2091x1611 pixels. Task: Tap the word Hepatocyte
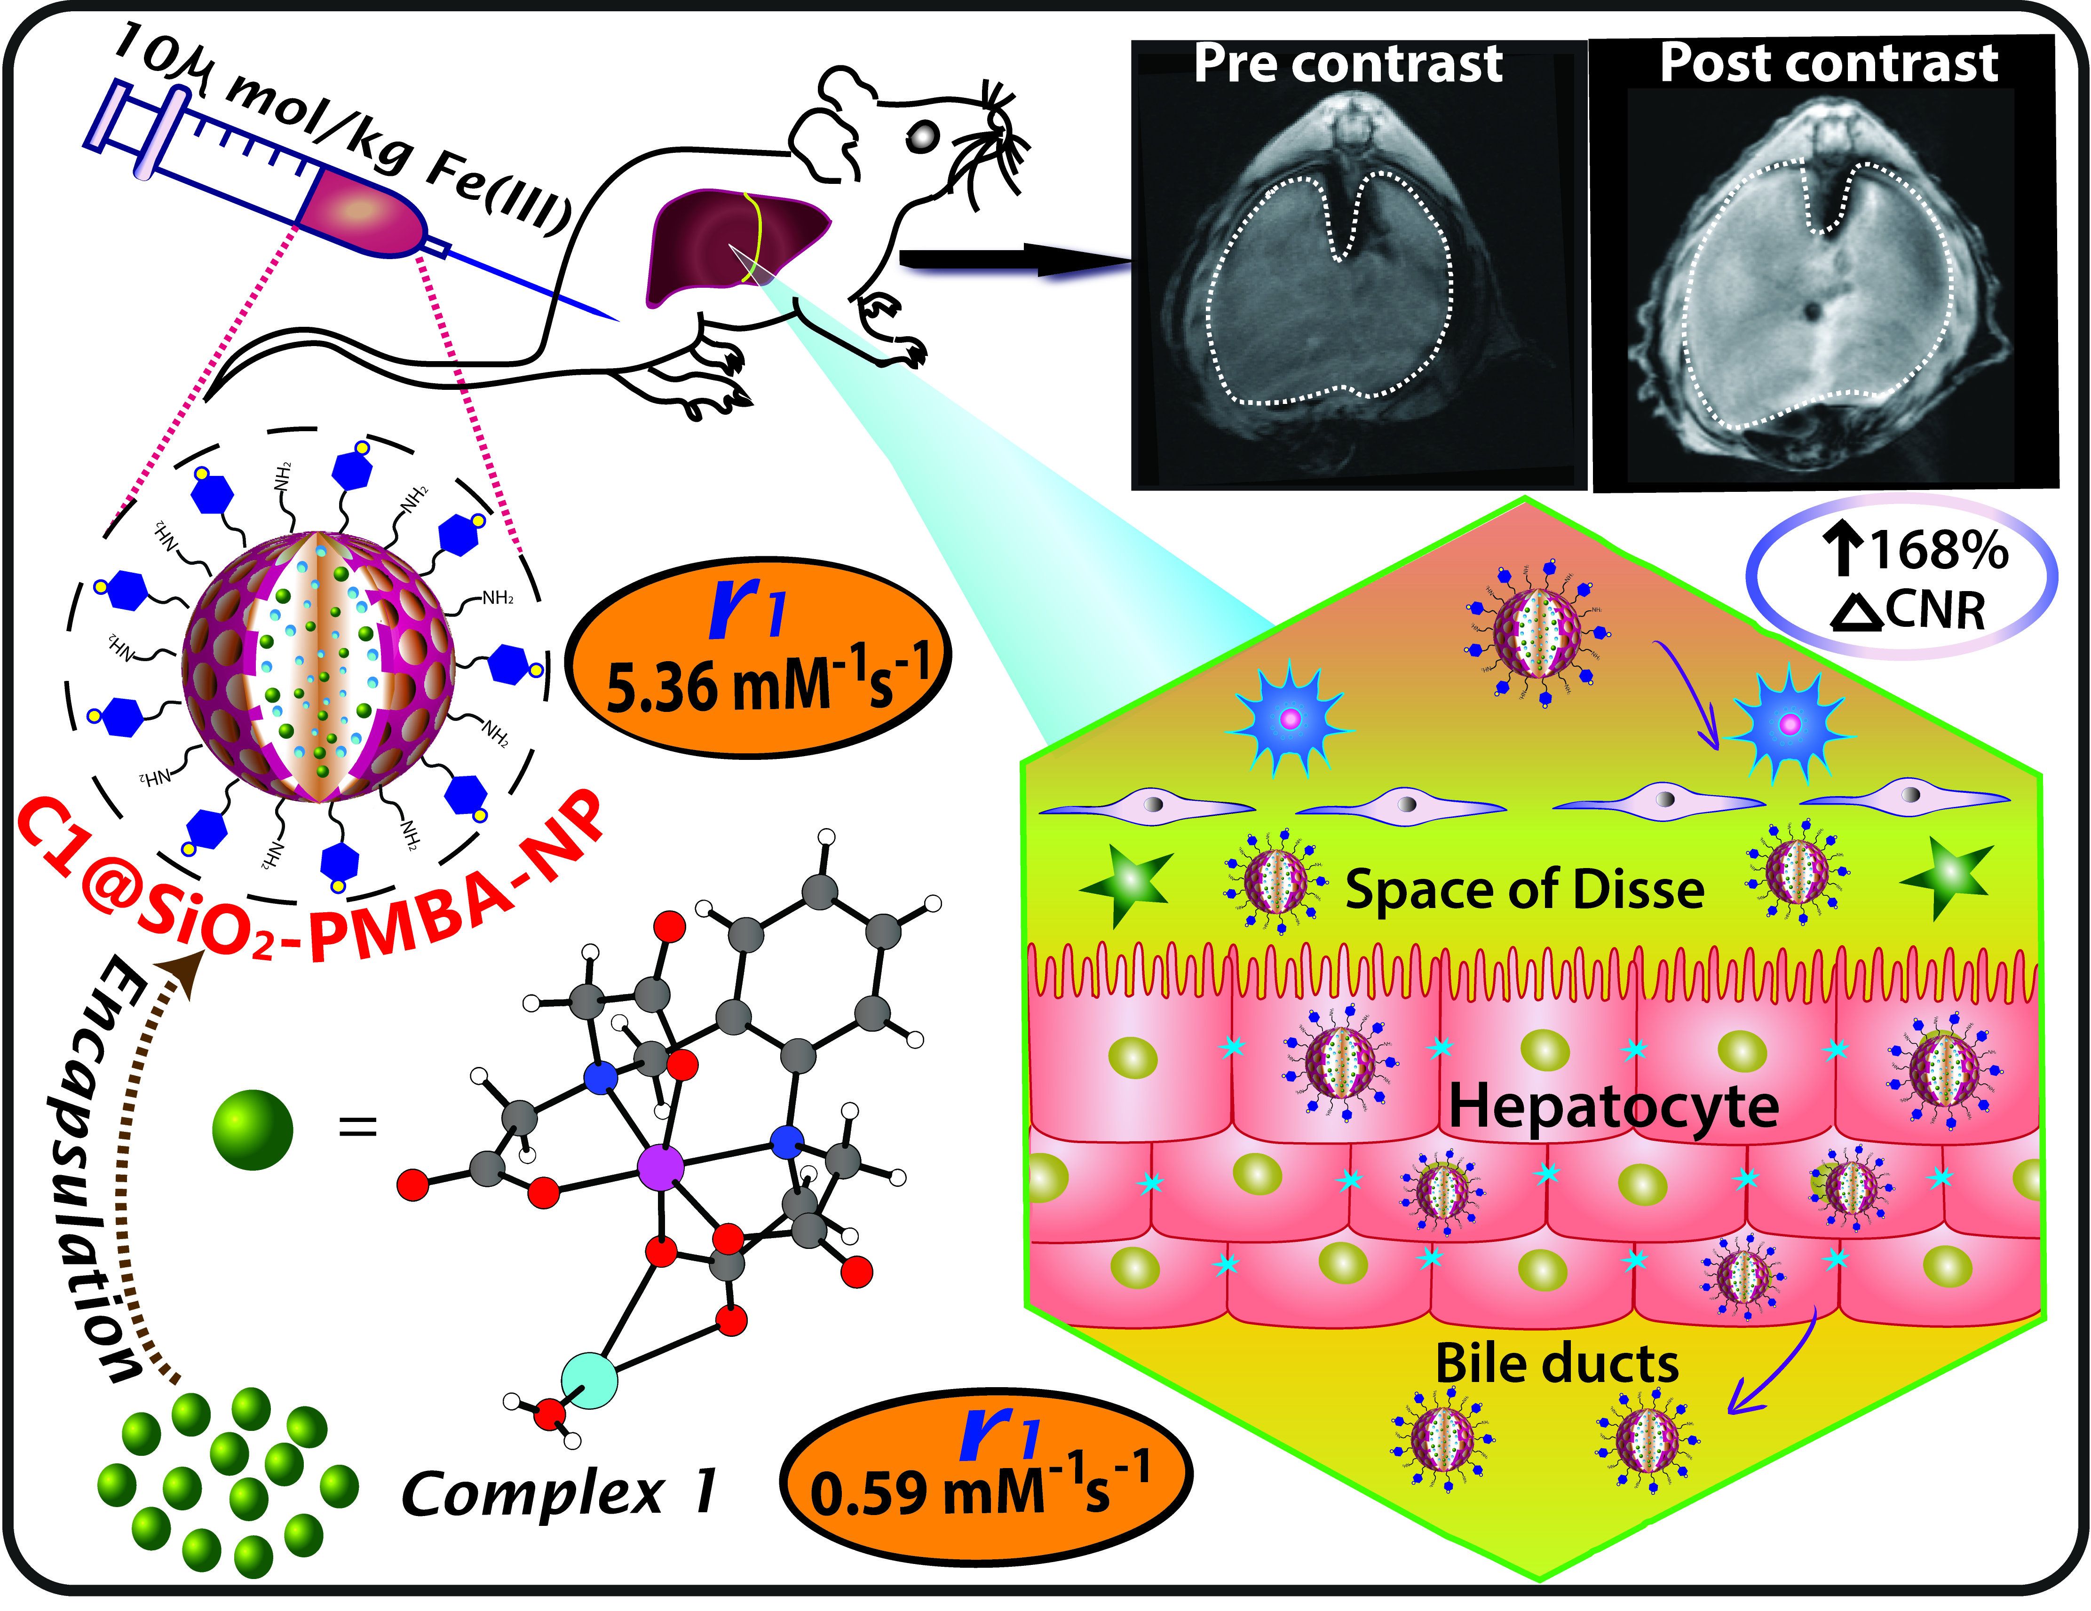pyautogui.click(x=1613, y=1107)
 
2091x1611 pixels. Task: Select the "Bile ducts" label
pyautogui.click(x=1557, y=1363)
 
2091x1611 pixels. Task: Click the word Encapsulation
pyautogui.click(x=91, y=1168)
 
